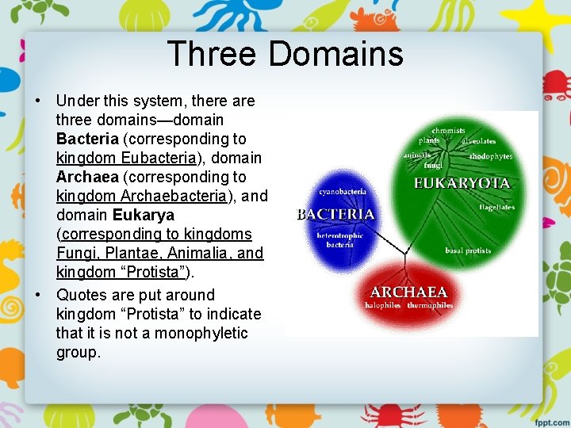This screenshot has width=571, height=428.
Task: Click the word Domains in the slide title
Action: pos(335,55)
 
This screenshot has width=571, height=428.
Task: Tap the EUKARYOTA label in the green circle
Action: pos(462,183)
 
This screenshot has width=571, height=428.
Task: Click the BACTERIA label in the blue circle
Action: pos(335,215)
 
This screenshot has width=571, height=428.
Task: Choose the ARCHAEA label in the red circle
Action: pos(408,292)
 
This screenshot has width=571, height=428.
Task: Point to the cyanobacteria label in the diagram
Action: pos(342,192)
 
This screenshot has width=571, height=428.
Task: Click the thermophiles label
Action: pos(430,305)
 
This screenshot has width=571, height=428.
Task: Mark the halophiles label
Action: pos(383,305)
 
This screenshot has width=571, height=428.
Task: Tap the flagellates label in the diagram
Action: pos(496,208)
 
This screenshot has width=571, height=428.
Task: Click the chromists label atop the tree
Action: pos(448,130)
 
